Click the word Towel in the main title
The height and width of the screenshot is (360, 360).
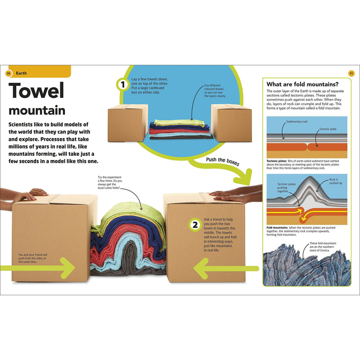tap(36, 91)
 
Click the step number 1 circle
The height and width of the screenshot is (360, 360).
tap(121, 84)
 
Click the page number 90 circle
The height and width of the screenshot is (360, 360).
tap(8, 73)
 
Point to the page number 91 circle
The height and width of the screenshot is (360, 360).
tap(351, 73)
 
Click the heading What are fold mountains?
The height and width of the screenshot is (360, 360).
tap(302, 84)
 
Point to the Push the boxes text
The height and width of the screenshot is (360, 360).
tap(223, 162)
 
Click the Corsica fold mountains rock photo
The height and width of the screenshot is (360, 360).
tap(306, 268)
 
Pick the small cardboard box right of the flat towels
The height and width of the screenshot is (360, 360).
tap(231, 122)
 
